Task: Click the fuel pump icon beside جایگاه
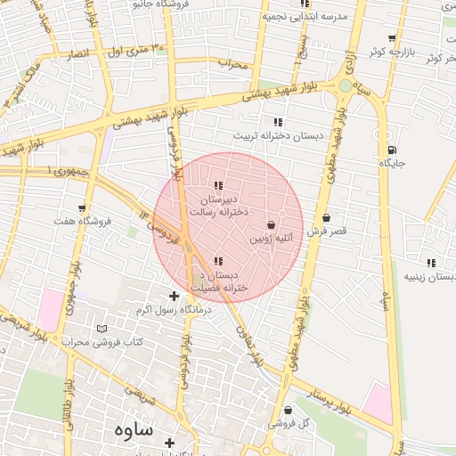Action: (x=392, y=150)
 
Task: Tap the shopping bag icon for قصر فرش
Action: (x=327, y=217)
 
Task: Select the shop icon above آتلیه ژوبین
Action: (x=271, y=224)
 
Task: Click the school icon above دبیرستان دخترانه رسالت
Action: (x=218, y=186)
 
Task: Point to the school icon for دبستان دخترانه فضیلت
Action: (x=218, y=261)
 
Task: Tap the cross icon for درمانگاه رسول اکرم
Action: (x=174, y=296)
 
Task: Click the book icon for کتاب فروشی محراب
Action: (x=101, y=329)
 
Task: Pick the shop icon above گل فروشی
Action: (x=287, y=410)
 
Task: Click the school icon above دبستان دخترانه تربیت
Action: (x=278, y=122)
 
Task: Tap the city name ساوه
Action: (x=134, y=429)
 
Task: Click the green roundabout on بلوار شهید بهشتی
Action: (x=345, y=86)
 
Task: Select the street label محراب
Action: (x=231, y=63)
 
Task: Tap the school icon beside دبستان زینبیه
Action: (x=432, y=263)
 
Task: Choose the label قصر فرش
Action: (x=327, y=231)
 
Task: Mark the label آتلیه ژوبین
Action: (x=268, y=238)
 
